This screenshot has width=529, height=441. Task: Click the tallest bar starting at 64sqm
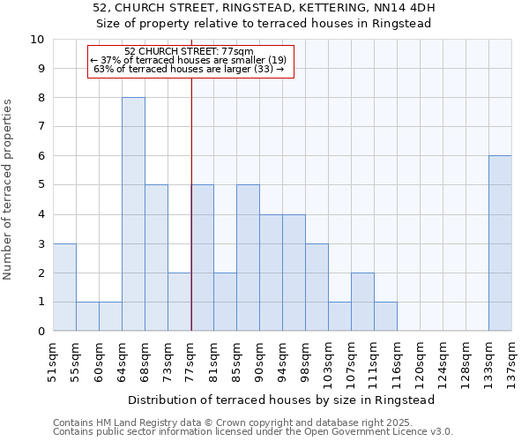pos(133,214)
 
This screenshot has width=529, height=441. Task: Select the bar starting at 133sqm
pos(500,243)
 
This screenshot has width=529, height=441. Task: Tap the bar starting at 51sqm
pos(64,288)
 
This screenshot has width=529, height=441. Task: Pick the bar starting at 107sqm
pos(362,302)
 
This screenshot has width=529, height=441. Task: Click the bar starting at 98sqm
pos(317,288)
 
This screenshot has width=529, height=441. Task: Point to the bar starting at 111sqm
pos(385,317)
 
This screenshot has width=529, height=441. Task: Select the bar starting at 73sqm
pos(179,302)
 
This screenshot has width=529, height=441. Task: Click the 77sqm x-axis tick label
pos(191,359)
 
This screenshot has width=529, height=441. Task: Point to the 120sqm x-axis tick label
pos(421,362)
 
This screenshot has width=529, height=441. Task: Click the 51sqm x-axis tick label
pos(54,359)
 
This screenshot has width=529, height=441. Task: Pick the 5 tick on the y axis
pos(41,185)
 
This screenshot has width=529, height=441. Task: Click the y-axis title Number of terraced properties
pos(9,190)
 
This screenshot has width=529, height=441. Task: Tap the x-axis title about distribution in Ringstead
pos(282,400)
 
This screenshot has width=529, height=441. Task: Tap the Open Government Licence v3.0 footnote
pos(253,431)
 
